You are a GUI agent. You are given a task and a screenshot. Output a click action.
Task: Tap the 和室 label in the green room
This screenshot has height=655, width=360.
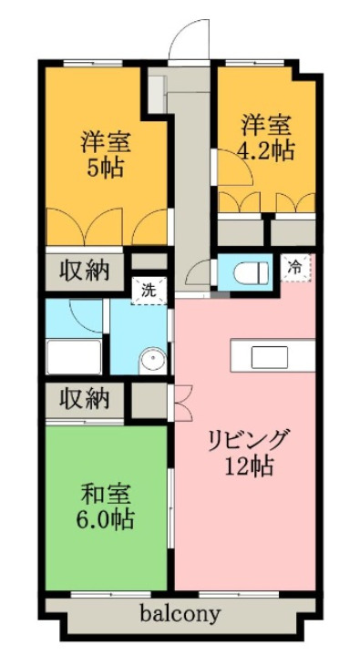[107, 496]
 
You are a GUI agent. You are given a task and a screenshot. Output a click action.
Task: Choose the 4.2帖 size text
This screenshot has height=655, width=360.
[266, 148]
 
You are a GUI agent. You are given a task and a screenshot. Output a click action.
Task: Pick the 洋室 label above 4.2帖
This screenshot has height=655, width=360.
[266, 123]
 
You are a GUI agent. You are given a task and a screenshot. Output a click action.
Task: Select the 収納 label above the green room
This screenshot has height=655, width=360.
[86, 399]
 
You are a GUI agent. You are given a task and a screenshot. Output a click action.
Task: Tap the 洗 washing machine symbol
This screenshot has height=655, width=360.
[149, 292]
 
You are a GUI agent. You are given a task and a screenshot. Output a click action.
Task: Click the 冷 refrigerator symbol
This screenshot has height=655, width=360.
[295, 267]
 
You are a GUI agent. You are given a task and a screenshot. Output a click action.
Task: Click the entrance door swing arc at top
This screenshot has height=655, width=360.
[188, 35]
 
